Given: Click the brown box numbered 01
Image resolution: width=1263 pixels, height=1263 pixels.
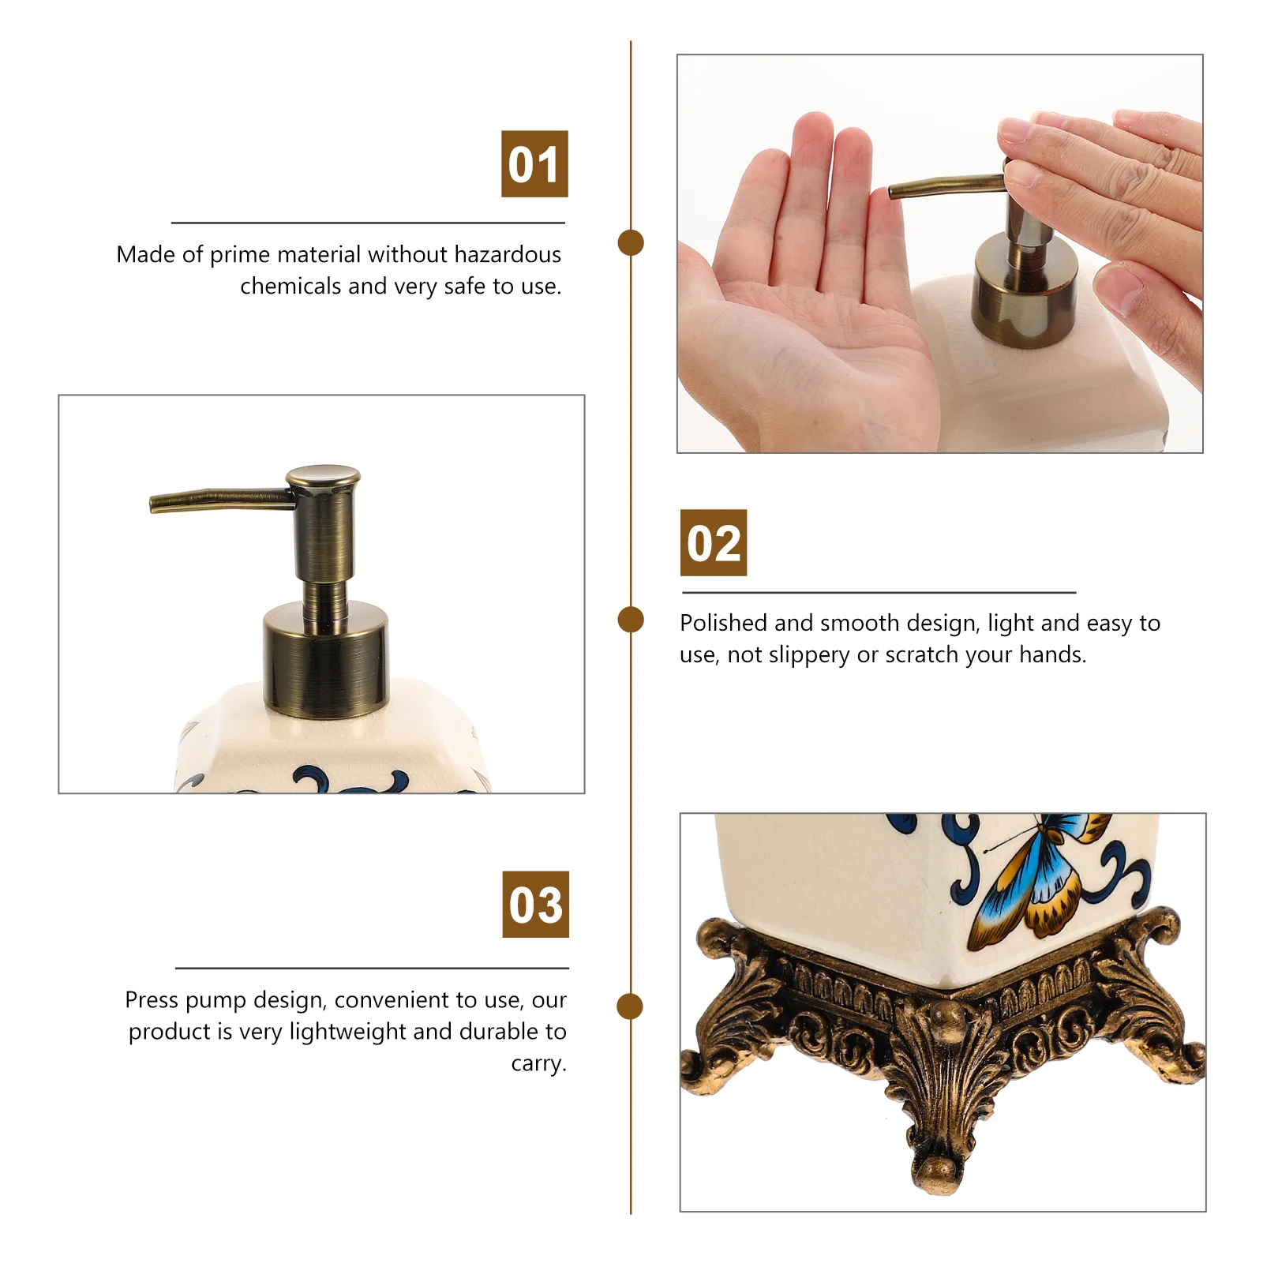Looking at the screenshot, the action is pos(534,163).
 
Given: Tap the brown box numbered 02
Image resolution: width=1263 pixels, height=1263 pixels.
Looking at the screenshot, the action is pos(714,542).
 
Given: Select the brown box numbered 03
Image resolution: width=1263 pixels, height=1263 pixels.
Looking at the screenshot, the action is pos(535,904).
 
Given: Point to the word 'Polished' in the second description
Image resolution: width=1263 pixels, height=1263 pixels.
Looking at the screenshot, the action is pos(724,623).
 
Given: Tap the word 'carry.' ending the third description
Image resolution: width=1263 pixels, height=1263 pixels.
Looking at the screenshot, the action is pos(539,1063).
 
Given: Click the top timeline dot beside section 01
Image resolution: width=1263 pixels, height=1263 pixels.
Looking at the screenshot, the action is pos(631,242).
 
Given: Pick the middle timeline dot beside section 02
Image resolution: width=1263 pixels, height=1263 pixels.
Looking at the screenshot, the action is pos(631,620).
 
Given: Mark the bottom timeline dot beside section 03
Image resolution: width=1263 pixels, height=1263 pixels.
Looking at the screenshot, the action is pos(630,1006).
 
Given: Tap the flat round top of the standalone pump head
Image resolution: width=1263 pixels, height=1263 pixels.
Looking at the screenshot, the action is pos(323,476).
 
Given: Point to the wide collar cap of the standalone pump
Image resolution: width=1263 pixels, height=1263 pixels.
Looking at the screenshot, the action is pos(326,657).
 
